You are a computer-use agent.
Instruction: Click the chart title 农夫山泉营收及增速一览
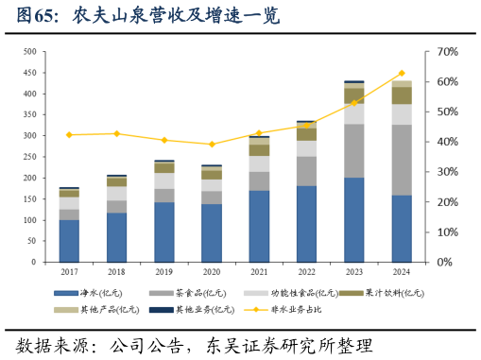pos(170,17)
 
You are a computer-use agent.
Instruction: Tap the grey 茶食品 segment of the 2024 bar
pos(402,160)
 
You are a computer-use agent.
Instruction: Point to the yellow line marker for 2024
pos(402,73)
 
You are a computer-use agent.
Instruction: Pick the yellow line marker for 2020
pos(212,144)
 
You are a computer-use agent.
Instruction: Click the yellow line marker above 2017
pos(69,135)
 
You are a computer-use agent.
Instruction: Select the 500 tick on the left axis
pos(30,51)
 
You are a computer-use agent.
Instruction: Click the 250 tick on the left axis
pos(30,157)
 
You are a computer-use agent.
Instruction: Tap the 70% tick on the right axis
pos(447,51)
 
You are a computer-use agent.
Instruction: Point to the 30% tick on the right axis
pos(447,172)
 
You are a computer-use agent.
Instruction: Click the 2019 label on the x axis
pos(164,271)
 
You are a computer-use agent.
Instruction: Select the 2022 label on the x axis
pos(306,271)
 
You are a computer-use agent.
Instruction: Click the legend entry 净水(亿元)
pos(94,293)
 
